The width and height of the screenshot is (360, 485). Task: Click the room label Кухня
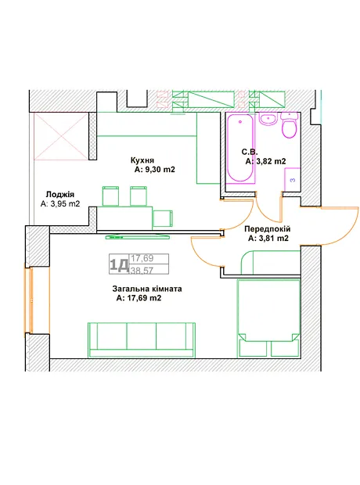tap(142, 160)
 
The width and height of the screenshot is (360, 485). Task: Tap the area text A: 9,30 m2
tap(155, 170)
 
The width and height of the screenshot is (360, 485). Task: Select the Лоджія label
tap(60, 194)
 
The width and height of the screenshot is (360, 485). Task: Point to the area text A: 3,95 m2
tap(60, 204)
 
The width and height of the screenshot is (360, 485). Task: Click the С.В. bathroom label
tap(250, 152)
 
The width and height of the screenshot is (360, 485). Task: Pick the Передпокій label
tap(268, 229)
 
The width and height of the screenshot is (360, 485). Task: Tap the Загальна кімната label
tap(147, 289)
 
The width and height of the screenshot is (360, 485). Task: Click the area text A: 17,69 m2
tap(139, 298)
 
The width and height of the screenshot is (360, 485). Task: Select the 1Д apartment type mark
tap(119, 264)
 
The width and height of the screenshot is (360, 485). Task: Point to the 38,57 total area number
tap(142, 271)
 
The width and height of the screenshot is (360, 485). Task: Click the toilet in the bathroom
tap(290, 125)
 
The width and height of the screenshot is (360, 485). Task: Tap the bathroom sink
tap(268, 119)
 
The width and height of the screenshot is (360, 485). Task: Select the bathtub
tap(240, 148)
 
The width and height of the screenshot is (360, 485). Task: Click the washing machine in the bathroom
tap(292, 179)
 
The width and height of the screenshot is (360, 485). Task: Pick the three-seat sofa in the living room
tap(142, 340)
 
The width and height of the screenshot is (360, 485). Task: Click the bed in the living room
tap(268, 318)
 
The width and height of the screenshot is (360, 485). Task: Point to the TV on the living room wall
tap(138, 237)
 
